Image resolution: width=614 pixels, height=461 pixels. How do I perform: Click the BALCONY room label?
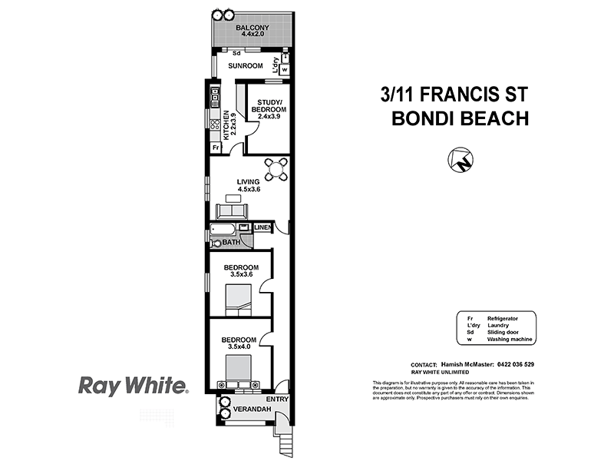[252, 29]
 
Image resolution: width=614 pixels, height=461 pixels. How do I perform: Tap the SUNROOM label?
[246, 66]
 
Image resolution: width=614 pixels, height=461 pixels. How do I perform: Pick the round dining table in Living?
[277, 168]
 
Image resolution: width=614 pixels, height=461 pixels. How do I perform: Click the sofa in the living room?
[231, 211]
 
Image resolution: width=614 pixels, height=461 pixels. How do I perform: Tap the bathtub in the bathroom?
[224, 229]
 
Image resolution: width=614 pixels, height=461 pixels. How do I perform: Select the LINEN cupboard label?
[263, 227]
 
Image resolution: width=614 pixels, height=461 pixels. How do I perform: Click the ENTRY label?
[276, 400]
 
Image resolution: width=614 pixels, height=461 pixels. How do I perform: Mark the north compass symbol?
[461, 161]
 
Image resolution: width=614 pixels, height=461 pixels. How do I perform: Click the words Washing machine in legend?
[509, 339]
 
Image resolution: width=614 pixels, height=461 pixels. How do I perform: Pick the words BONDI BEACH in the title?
[460, 118]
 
